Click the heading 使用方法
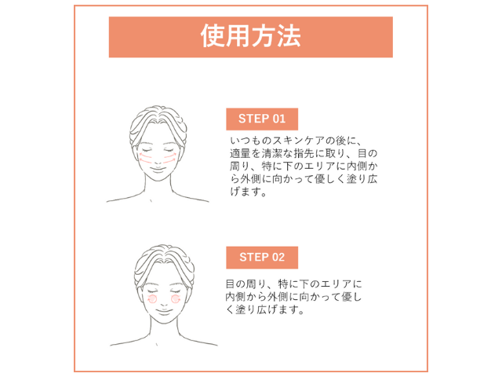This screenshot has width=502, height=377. point(251,36)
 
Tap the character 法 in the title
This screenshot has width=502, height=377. point(289,36)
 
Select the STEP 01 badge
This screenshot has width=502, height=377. point(262,119)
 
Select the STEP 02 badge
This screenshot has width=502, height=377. point(262,258)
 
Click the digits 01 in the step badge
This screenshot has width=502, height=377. point(279,119)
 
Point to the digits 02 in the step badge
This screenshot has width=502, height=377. point(278,258)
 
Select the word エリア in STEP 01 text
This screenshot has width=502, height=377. point(319,167)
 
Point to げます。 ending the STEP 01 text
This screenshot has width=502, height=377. point(249,192)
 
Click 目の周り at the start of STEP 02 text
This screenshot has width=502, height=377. point(246,284)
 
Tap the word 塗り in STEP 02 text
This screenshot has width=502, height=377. point(246,309)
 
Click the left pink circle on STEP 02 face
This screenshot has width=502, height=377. point(152,299)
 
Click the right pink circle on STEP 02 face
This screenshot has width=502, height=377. point(176,299)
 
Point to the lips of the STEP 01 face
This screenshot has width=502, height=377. point(158,169)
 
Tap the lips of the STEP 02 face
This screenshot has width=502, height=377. point(164,311)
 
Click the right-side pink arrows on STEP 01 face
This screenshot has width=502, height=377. point(169,158)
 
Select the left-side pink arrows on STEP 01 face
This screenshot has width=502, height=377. point(146,158)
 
